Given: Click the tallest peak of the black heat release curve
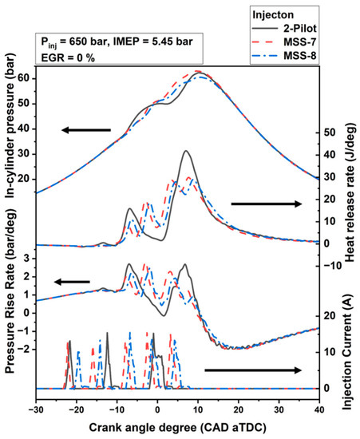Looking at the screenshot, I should (185, 151).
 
